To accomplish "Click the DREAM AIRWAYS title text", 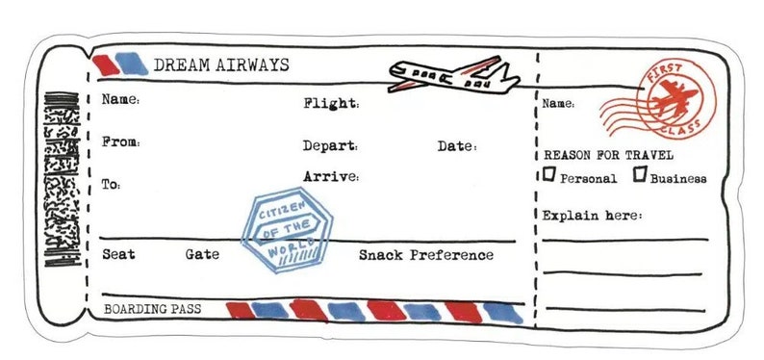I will click(x=220, y=64).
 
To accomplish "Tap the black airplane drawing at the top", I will click(x=452, y=75).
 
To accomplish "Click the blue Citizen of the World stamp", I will click(x=292, y=229).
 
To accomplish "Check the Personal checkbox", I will click(x=549, y=175).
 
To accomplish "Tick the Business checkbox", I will click(x=639, y=175).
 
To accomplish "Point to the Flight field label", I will click(x=331, y=103).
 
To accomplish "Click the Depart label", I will click(x=330, y=146).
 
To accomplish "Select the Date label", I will click(x=456, y=146).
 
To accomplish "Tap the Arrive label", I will click(x=331, y=177).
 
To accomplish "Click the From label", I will click(x=120, y=142).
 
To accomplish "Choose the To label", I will click(x=112, y=184).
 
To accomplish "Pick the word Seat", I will click(x=118, y=255).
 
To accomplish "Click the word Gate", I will click(x=202, y=255).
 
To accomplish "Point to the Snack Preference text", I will click(x=425, y=255).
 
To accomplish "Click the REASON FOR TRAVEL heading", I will click(x=608, y=154).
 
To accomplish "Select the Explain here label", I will click(x=591, y=215).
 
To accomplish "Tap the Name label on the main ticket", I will click(x=120, y=100).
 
